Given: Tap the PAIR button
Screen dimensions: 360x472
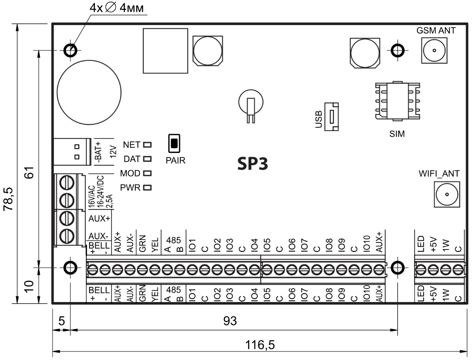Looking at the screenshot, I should [174, 143].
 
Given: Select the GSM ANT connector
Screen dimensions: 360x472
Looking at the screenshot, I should [434, 51].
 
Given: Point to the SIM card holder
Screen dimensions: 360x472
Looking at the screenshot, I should [397, 101].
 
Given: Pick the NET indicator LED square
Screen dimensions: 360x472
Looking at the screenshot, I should [147, 145].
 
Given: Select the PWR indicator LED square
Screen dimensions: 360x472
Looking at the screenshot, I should [147, 188].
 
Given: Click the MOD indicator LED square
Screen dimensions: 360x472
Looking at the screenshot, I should [147, 173].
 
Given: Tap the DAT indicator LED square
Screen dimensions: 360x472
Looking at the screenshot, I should [147, 159].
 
